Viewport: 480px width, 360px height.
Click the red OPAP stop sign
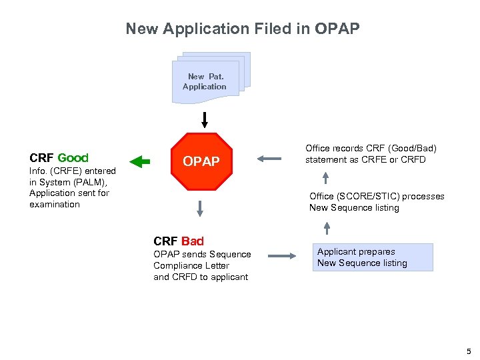point(201,161)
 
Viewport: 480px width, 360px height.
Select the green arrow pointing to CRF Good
point(141,161)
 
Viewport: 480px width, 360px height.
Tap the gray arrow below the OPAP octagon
point(199,209)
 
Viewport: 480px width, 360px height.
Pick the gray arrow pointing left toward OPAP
point(270,159)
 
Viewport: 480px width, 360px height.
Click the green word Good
point(73,158)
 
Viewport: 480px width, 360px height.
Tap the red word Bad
point(192,241)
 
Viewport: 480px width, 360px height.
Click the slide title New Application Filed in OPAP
point(243,29)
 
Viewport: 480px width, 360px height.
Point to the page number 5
point(469,351)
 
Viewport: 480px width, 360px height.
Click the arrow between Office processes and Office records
point(326,177)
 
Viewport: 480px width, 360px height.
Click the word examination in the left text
point(55,205)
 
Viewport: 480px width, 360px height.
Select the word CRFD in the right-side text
point(413,159)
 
